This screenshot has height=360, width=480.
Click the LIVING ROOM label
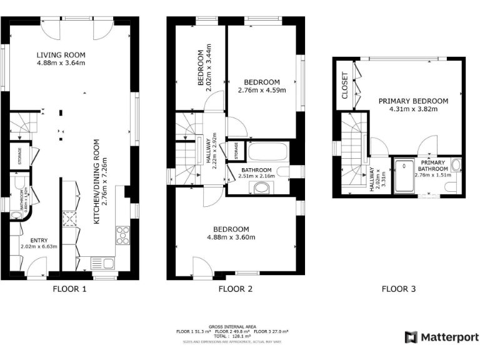[60, 54]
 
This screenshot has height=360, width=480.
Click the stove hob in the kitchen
[122, 235]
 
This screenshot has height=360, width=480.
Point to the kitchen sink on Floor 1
[102, 263]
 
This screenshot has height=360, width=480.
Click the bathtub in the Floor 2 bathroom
[267, 152]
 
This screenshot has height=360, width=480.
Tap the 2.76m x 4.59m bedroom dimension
[261, 90]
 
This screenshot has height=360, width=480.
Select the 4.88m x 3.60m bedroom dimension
[231, 237]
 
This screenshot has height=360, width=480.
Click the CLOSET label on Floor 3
[344, 86]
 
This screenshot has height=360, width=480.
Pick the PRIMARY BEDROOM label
[413, 101]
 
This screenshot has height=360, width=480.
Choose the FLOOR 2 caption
[235, 289]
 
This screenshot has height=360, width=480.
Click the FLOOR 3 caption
[399, 289]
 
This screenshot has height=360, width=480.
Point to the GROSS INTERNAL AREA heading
[235, 326]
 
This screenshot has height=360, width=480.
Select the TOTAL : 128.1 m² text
[235, 336]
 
